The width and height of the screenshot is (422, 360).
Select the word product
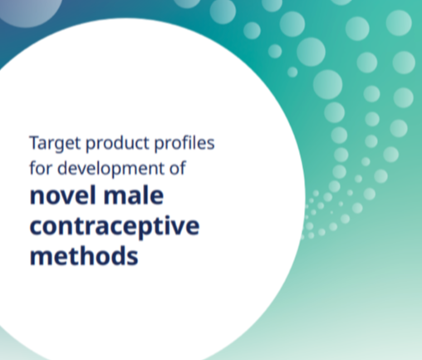(x=118, y=144)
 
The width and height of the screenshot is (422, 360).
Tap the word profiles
(x=184, y=143)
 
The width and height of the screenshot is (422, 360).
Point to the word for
(x=41, y=168)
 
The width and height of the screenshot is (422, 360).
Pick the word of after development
(x=178, y=168)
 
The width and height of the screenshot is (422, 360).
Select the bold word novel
(x=63, y=195)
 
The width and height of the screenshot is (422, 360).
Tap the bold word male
(x=134, y=195)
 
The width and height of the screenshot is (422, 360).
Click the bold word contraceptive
(x=115, y=227)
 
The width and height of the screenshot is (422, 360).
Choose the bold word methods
(x=84, y=255)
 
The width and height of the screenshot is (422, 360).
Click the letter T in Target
(x=36, y=143)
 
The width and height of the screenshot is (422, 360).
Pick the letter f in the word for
(x=32, y=168)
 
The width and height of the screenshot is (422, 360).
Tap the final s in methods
(x=133, y=258)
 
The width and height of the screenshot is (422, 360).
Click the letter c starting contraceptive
(x=36, y=228)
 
